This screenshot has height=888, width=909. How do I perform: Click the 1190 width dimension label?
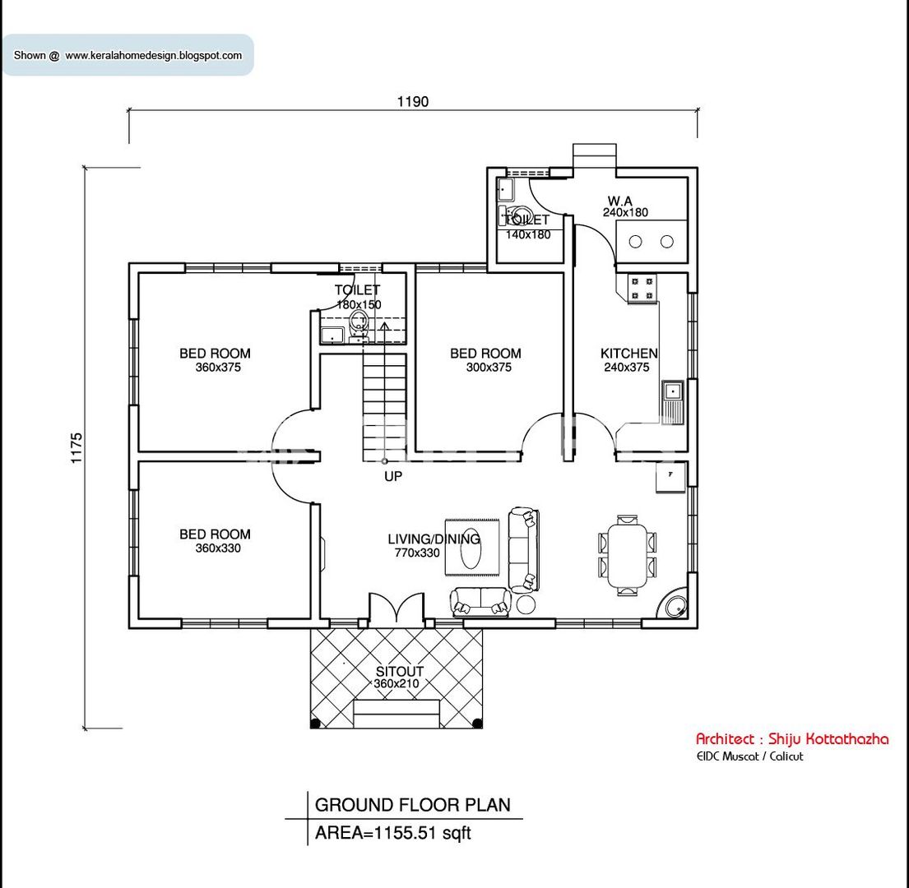pos(413,102)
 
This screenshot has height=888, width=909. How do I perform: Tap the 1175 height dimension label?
pos(77,448)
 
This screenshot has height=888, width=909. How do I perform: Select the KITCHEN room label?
pos(628,354)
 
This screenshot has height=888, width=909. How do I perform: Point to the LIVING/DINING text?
pos(434,539)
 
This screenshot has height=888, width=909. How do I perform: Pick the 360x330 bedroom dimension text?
pos(218,548)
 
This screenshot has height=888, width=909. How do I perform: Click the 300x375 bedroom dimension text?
pos(488,368)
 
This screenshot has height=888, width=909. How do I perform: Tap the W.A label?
pos(620,201)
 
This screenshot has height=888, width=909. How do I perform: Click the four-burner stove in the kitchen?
pos(642,288)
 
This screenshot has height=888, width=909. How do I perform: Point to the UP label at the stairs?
pos(393,475)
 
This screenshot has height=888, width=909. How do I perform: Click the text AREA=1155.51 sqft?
pos(393,832)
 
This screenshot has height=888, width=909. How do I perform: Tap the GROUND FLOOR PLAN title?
pos(412,804)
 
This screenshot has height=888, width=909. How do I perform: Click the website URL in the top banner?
pos(154,56)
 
